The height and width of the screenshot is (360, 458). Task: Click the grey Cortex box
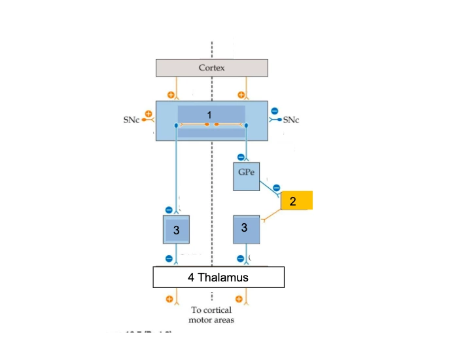point(211,68)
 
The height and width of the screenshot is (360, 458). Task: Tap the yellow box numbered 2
point(296,201)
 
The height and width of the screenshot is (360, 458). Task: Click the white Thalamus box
point(219,278)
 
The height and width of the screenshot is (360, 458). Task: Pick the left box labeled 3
point(175,229)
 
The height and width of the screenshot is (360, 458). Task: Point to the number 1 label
point(209,115)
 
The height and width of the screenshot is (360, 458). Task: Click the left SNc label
point(131,122)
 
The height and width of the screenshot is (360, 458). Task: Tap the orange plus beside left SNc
point(149,114)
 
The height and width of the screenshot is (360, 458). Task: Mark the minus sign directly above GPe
point(240,156)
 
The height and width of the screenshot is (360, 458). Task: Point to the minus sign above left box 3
point(169,210)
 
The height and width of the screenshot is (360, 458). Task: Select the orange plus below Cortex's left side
point(171,94)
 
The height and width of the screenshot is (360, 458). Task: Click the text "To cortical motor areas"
point(210,315)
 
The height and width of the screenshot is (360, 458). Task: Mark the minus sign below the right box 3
point(240,259)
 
